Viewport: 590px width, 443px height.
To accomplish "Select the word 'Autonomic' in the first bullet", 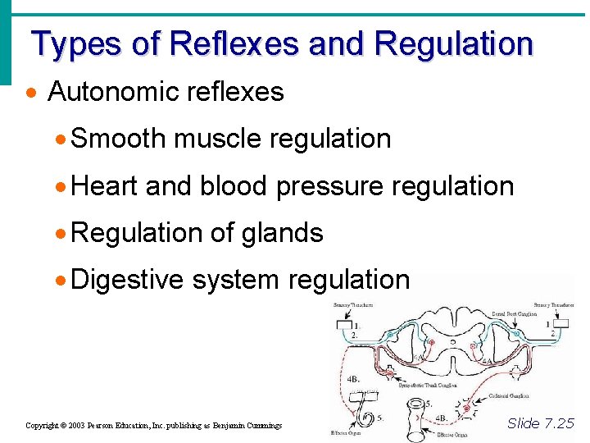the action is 111,91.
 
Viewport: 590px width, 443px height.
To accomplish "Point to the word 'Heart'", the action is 105,186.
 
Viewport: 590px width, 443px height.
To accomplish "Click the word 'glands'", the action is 283,233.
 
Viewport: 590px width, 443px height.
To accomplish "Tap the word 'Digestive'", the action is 127,280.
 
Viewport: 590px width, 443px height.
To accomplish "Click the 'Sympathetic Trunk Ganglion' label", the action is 428,384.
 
